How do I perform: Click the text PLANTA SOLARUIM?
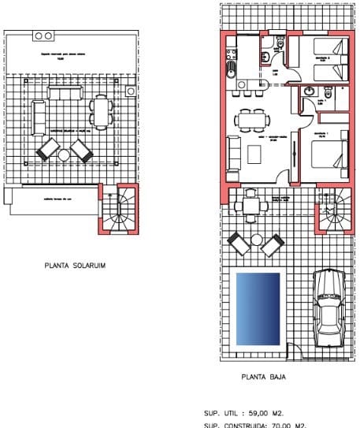[75, 266]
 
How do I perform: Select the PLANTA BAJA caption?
[264, 377]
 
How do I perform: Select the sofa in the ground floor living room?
[233, 151]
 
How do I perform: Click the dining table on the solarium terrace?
[99, 111]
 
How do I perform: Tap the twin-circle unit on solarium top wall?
[45, 36]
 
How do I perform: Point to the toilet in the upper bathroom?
[268, 56]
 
